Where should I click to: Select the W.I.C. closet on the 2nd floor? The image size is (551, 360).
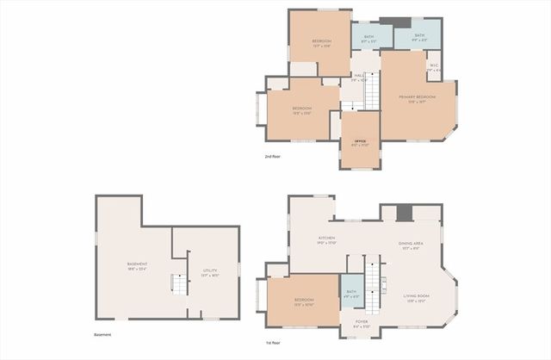[x=434, y=66]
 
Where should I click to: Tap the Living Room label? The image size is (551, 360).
[x=417, y=298]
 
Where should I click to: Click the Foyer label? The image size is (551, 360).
[x=362, y=326]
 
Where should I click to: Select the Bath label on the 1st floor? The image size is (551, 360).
[x=351, y=294]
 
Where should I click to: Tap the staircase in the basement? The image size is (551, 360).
[x=178, y=283]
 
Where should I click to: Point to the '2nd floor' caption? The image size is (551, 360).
[x=273, y=157]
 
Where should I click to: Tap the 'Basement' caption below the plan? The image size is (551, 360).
[x=102, y=335]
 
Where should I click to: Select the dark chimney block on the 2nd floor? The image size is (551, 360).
[x=395, y=22]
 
